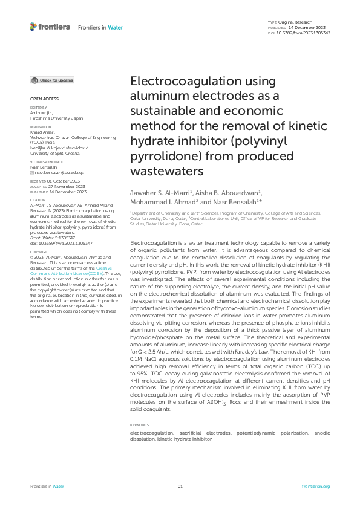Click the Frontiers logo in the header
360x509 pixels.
point(50,27)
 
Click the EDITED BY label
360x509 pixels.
point(38,108)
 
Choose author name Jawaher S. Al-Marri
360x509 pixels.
point(162,192)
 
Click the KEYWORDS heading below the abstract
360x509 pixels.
point(140,408)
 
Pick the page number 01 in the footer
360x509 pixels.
point(180,486)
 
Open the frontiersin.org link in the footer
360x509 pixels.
point(315,486)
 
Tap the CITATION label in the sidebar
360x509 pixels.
point(38,199)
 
